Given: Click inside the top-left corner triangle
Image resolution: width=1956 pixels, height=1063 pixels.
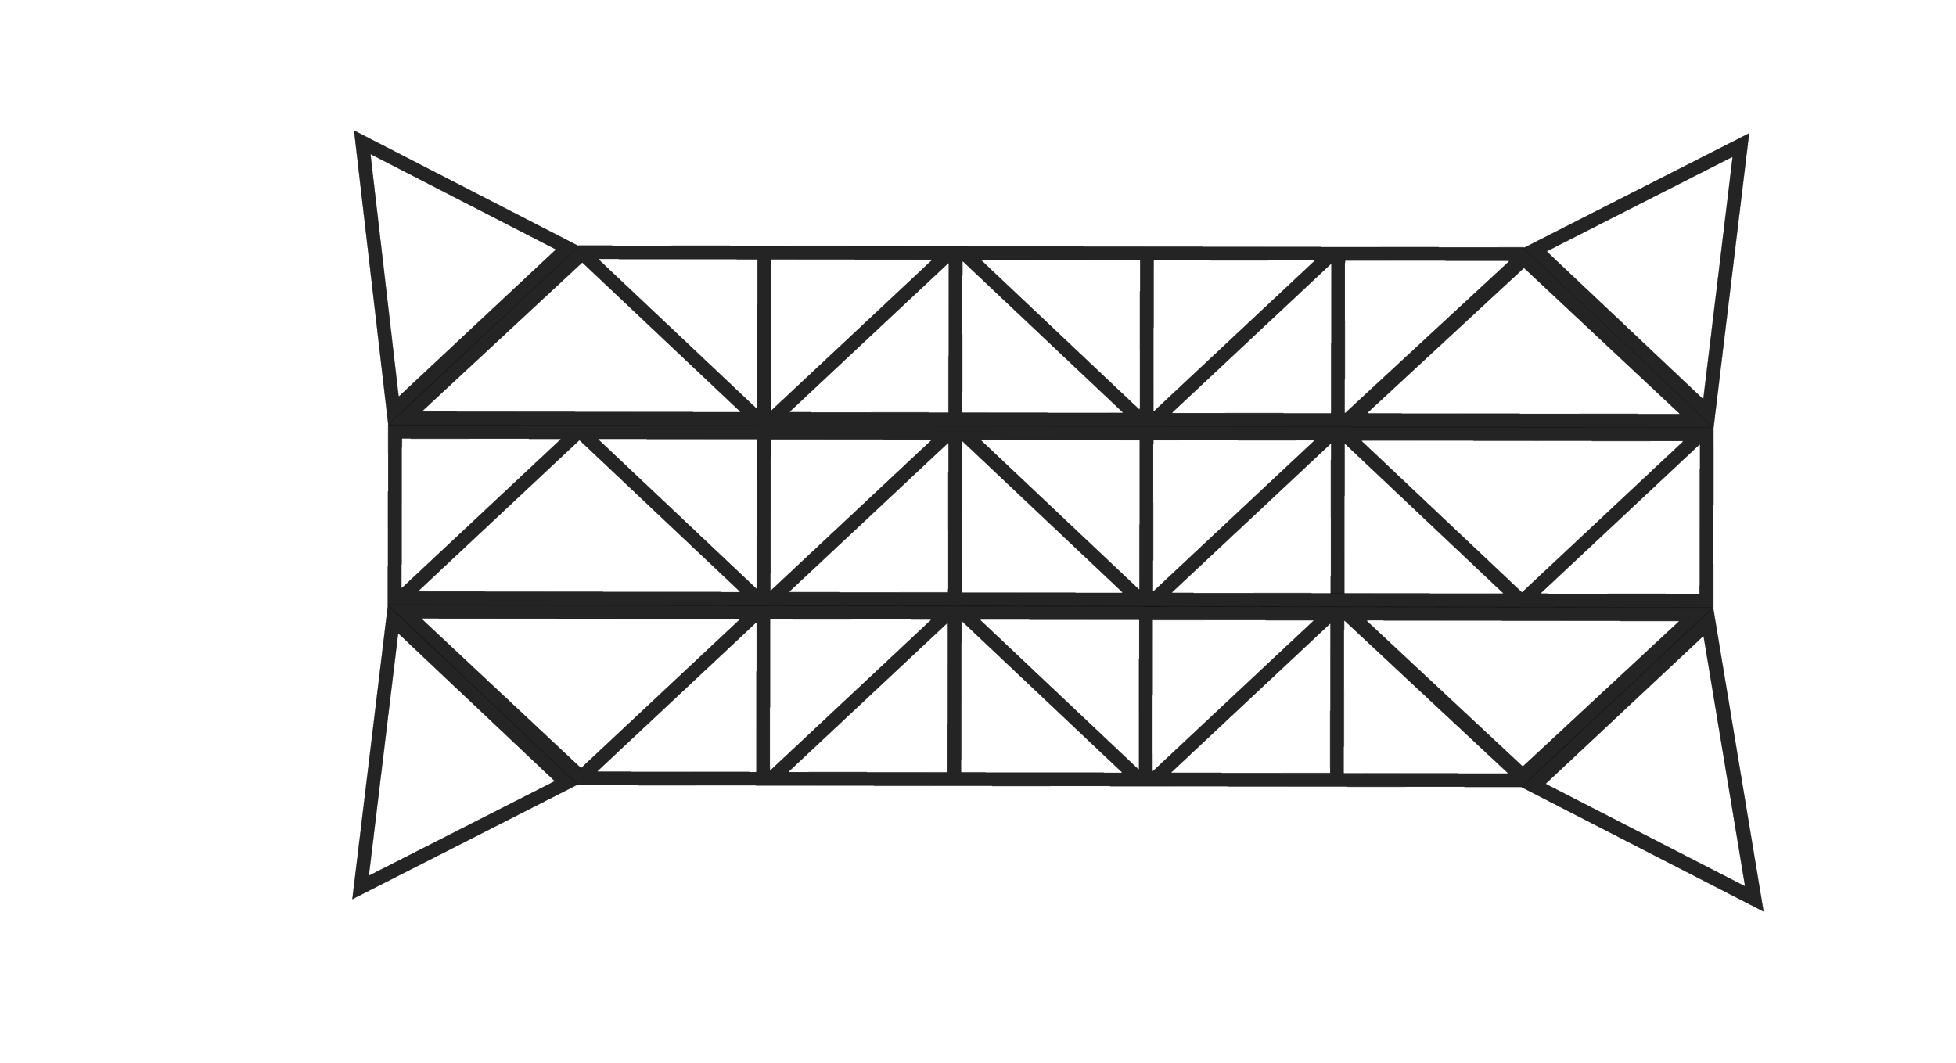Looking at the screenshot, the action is (438, 258).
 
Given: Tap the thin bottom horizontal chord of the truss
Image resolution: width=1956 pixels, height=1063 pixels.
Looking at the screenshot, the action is (1048, 777).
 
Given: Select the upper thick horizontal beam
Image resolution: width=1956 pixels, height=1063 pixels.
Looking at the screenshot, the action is (1048, 422).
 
